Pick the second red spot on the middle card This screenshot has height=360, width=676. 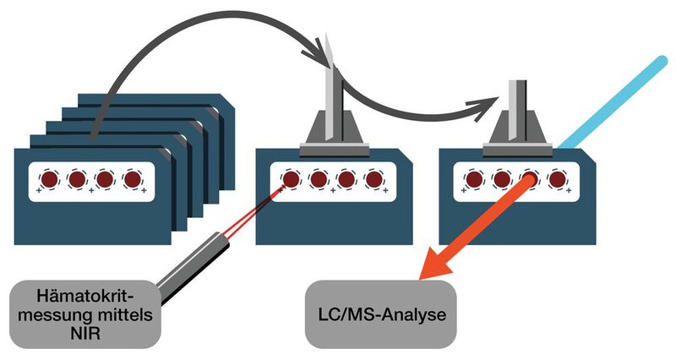coord(318,179)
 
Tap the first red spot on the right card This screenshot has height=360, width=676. coord(475,179)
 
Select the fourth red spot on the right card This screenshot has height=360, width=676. coord(556,179)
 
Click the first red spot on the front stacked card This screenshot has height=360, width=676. coord(49,179)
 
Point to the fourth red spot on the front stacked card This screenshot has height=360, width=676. coord(132,179)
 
